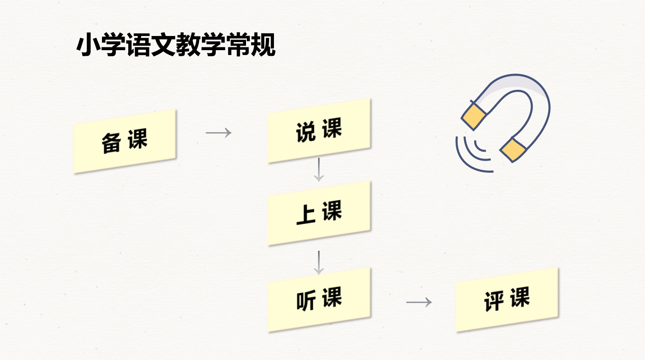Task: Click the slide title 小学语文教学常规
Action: click(x=176, y=44)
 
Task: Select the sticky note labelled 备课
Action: click(x=125, y=142)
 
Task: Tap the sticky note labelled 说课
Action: click(x=319, y=130)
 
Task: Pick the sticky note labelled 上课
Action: click(x=319, y=213)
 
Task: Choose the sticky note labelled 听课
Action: click(x=319, y=299)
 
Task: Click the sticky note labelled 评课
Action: click(x=507, y=299)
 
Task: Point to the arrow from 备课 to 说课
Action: click(x=219, y=133)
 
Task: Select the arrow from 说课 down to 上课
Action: click(x=319, y=169)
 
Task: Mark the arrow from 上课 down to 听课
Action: click(x=319, y=263)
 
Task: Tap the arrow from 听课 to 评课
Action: click(x=419, y=302)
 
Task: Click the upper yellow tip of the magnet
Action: click(x=474, y=116)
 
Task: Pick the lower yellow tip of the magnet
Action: click(x=513, y=150)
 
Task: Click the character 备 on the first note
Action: click(x=111, y=143)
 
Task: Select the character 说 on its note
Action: click(x=306, y=132)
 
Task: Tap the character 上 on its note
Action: click(x=306, y=214)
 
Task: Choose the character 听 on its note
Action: click(x=306, y=301)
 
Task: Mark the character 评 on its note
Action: click(x=494, y=301)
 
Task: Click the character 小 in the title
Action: click(x=88, y=44)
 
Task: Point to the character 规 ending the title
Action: click(x=263, y=44)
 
